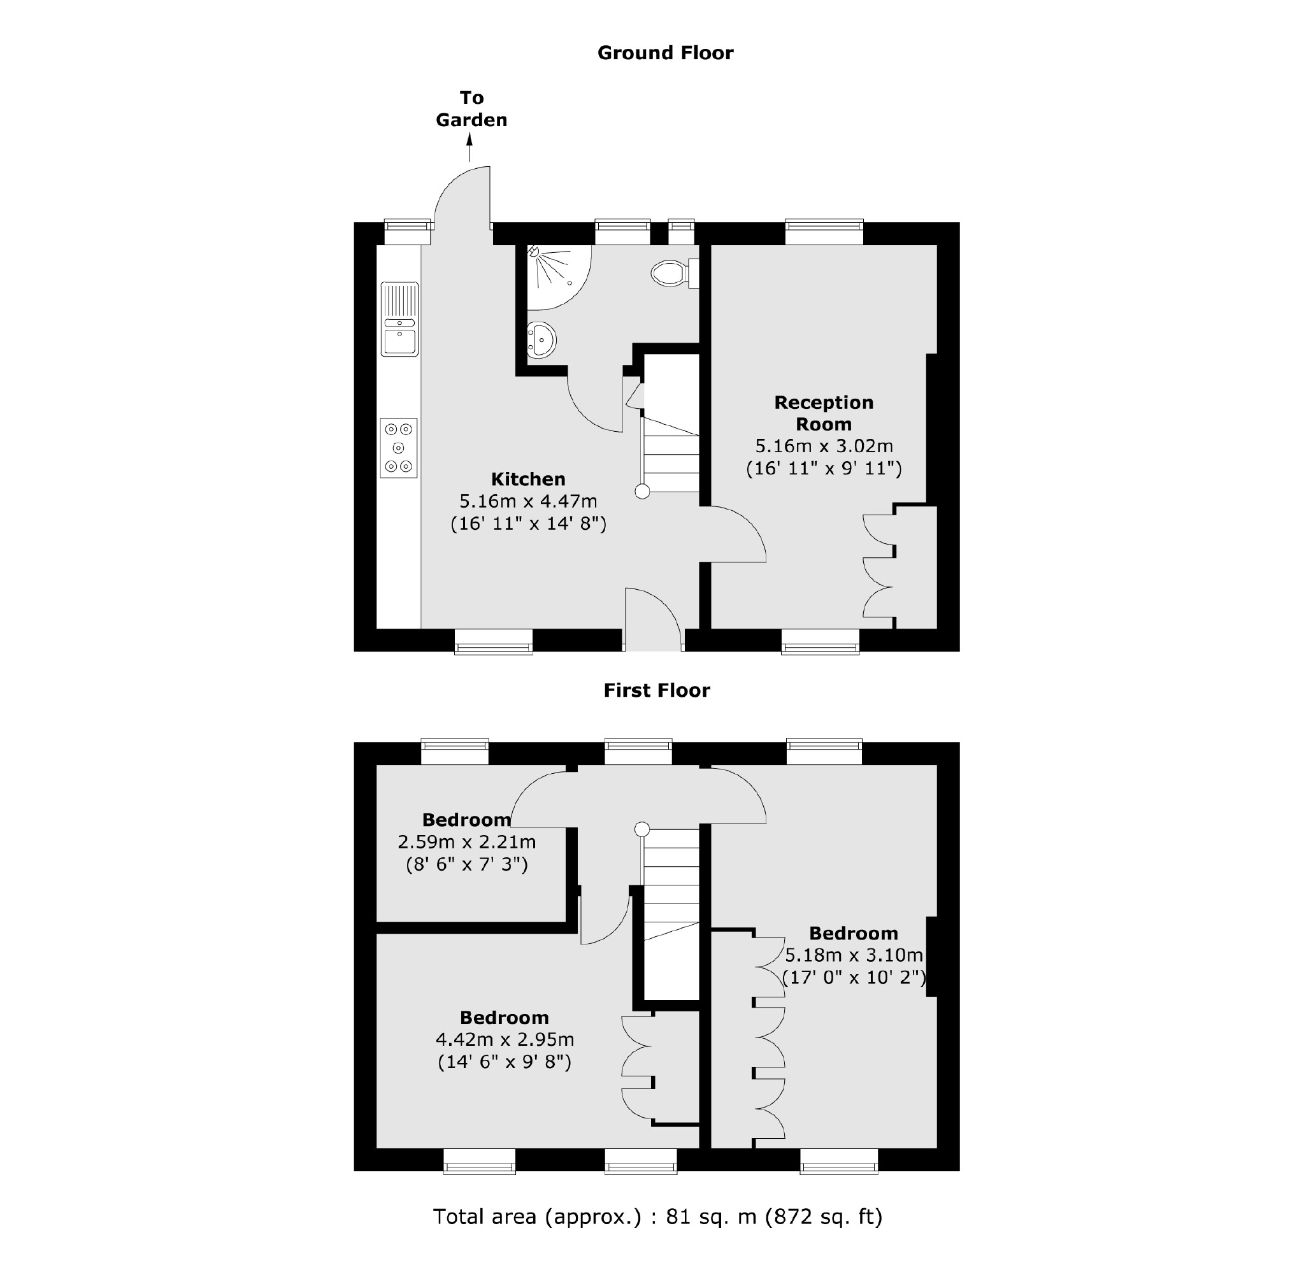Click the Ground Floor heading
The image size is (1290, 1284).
(x=665, y=53)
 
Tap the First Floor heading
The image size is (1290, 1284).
(x=656, y=690)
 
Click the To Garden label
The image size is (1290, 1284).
(x=471, y=109)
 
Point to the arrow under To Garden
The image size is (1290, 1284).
(x=470, y=148)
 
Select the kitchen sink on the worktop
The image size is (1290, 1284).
(x=399, y=319)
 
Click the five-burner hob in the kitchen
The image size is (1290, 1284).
(x=399, y=447)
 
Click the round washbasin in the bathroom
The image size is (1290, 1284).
(x=541, y=340)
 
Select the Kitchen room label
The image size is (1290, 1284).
(x=528, y=479)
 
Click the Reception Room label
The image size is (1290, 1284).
(x=823, y=413)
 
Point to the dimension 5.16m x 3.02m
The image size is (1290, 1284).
(x=823, y=446)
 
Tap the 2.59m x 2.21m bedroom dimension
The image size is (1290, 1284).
(x=467, y=842)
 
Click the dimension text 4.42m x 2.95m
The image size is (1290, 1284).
(x=505, y=1039)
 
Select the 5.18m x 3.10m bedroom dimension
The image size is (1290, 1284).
(x=854, y=955)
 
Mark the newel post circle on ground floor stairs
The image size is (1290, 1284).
(x=642, y=492)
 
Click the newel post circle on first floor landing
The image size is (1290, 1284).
(x=641, y=829)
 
